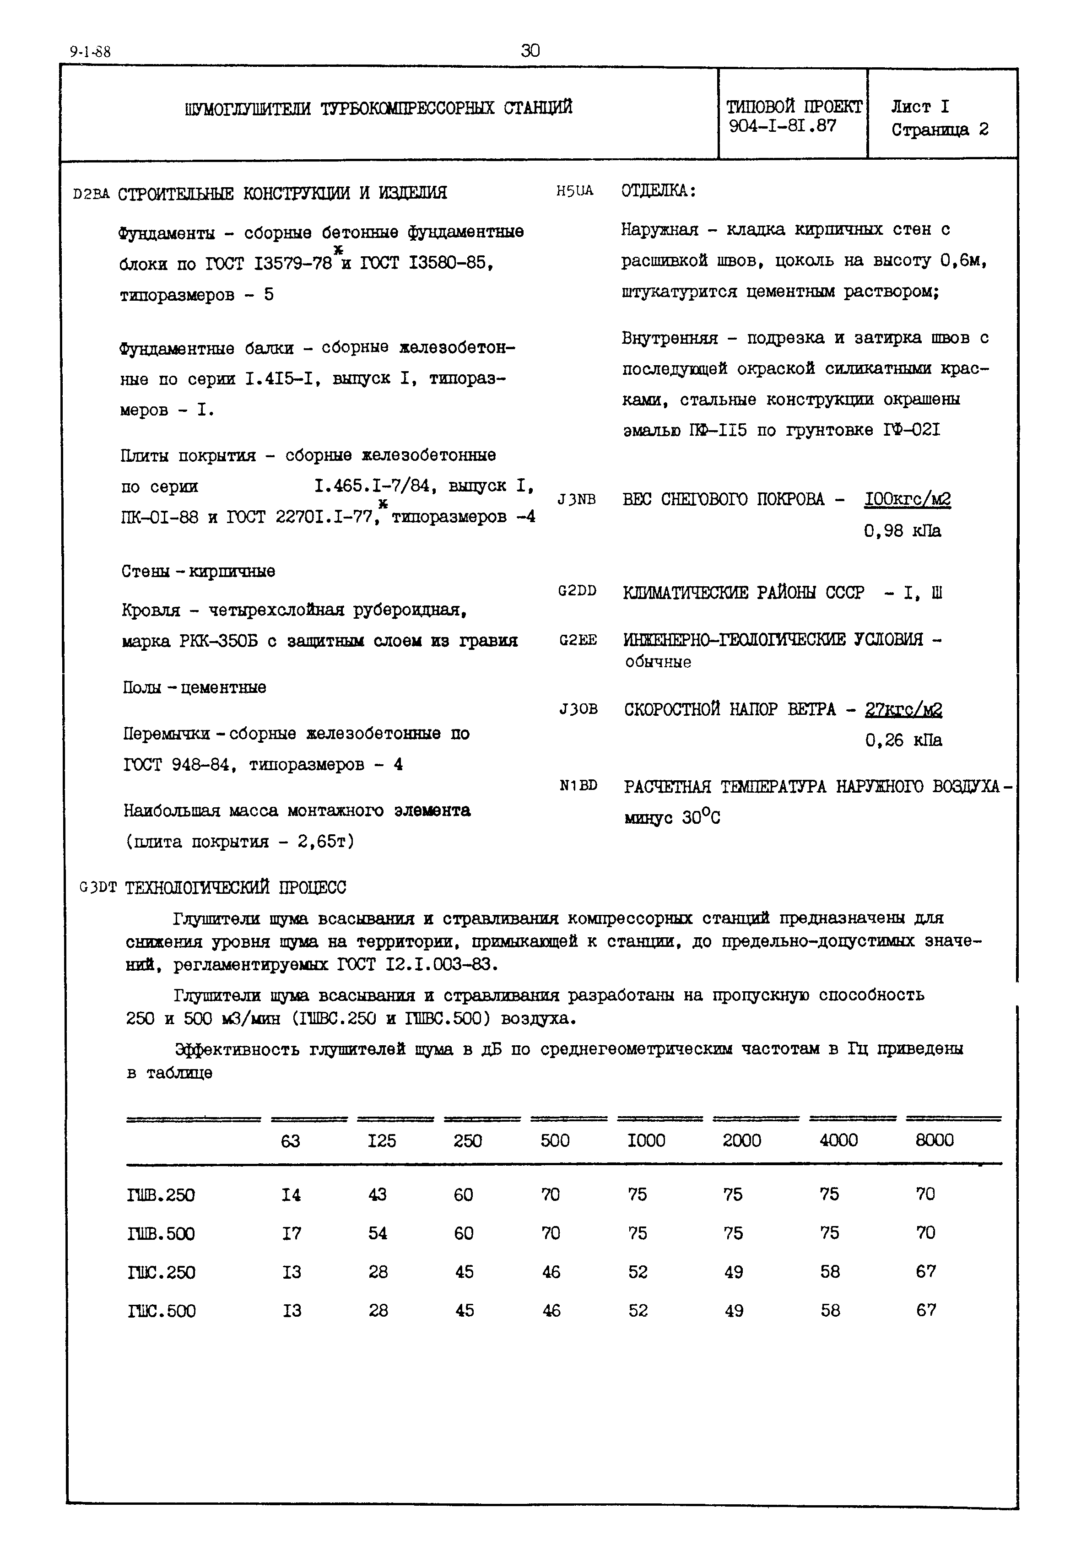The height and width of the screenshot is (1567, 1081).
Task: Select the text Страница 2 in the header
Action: [x=940, y=130]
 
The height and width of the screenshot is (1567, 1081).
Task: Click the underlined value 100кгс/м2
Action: [x=907, y=500]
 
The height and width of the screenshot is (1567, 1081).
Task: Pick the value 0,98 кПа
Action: [x=902, y=531]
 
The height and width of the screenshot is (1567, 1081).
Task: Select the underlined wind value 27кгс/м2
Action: [x=903, y=710]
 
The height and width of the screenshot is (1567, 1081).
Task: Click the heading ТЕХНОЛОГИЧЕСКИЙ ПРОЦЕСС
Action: [x=235, y=887]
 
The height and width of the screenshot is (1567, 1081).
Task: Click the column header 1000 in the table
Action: [x=646, y=1141]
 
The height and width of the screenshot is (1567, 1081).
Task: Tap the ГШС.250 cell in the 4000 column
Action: [x=830, y=1272]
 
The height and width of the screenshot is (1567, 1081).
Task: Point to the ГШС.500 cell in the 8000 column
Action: [x=926, y=1310]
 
